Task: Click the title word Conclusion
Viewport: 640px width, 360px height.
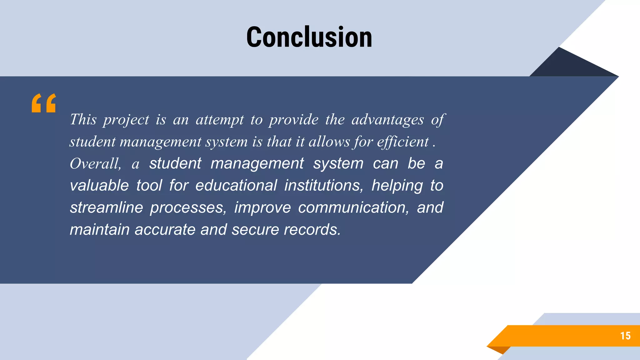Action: [309, 37]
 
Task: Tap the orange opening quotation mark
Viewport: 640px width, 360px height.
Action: [44, 103]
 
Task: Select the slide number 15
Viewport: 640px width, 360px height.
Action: [625, 336]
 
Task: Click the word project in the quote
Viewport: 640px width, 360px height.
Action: [126, 120]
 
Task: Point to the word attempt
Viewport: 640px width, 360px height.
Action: [219, 120]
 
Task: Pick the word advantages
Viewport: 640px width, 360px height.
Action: [387, 120]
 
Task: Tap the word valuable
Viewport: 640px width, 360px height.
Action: [99, 186]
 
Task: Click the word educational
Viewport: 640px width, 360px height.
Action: [236, 186]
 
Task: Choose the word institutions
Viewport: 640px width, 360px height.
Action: [324, 186]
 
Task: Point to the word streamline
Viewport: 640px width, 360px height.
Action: [106, 207]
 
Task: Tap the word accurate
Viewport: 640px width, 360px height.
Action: [165, 230]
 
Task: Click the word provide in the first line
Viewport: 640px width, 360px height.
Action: [294, 120]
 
